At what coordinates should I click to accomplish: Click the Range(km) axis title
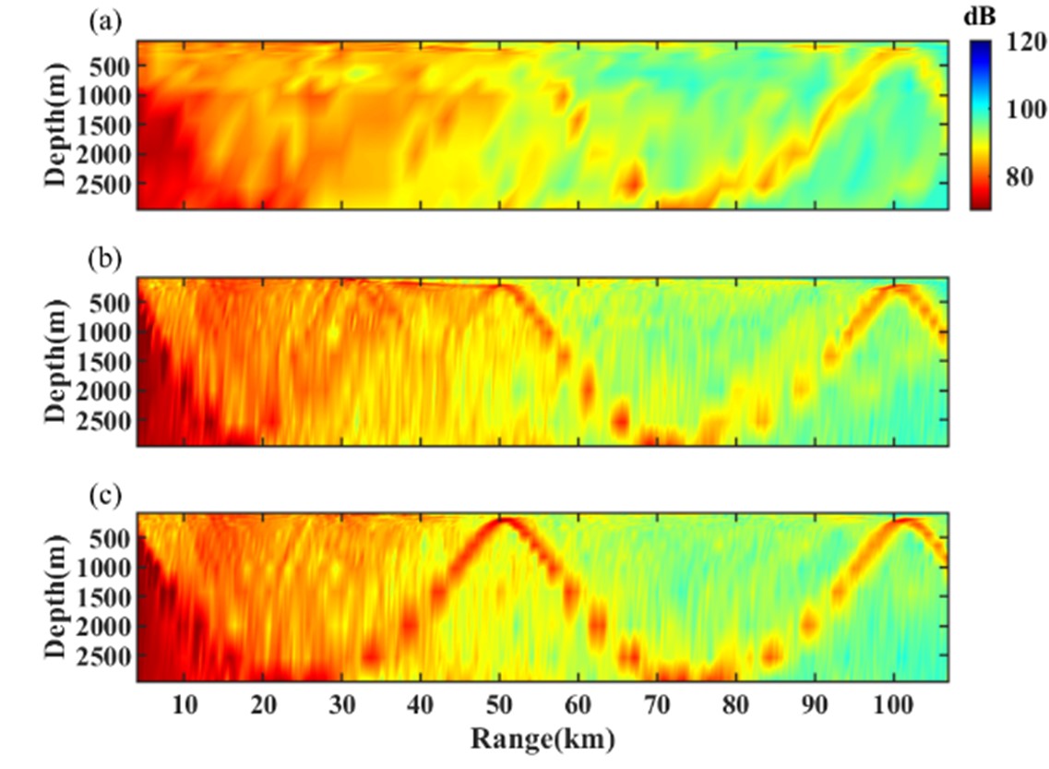(543, 739)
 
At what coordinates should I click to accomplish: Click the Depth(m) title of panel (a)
(57, 125)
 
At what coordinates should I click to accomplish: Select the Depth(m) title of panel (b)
(57, 361)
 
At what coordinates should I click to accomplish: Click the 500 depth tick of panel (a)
(115, 66)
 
